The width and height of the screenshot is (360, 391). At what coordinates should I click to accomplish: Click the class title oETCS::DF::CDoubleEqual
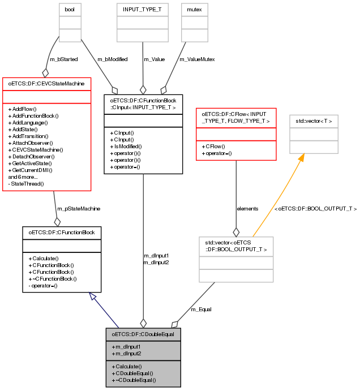point(143,334)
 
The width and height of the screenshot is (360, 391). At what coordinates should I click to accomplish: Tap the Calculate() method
point(127,367)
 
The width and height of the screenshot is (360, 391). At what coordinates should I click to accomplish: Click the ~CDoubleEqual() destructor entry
point(134,380)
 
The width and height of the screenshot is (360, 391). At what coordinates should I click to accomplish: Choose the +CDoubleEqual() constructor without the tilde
point(133,373)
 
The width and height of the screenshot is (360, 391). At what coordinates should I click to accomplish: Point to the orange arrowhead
point(301,158)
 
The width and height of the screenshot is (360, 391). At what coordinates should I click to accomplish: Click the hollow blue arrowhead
point(93,296)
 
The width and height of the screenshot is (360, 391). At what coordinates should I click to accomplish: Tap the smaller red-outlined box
point(236,134)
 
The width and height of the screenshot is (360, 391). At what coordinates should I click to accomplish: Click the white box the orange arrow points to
point(314,134)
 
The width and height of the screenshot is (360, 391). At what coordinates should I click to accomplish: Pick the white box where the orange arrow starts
point(236,260)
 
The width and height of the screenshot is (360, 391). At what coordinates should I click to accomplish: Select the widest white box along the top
point(143,23)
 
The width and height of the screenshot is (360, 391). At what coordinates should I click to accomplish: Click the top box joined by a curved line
point(70,23)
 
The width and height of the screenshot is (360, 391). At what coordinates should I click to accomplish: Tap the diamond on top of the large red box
point(45,73)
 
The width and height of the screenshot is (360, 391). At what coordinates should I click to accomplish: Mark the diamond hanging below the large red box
point(57,222)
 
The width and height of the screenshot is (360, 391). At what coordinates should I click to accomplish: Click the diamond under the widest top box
point(143,89)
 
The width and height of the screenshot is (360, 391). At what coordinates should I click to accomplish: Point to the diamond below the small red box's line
point(236,232)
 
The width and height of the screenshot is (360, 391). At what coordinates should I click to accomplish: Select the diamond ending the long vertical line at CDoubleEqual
point(143,323)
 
